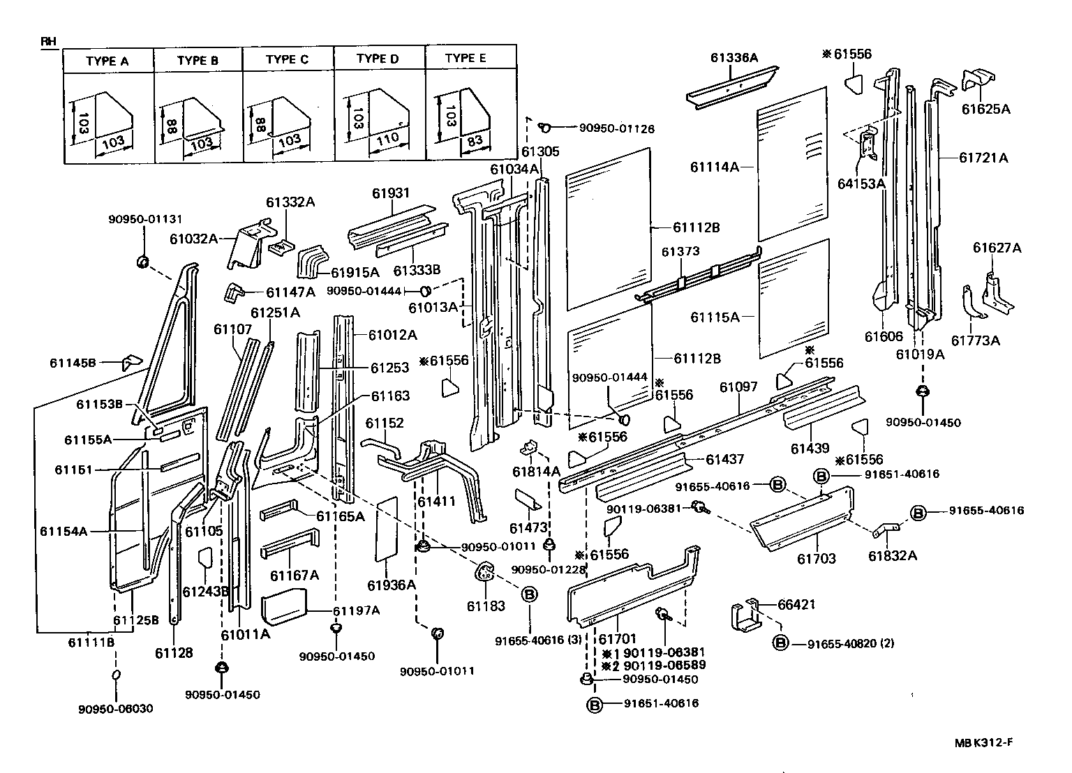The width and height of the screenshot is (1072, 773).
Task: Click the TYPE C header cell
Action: click(x=287, y=59)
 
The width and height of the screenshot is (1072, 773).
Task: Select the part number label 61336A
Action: click(x=734, y=58)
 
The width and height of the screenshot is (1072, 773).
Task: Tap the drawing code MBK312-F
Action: click(x=984, y=744)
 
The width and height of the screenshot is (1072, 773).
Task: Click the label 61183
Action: click(x=486, y=606)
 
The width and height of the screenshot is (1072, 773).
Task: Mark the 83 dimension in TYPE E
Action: click(x=474, y=140)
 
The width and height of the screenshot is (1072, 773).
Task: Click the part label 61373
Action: click(x=680, y=251)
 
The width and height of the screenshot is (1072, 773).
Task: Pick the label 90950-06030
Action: click(x=115, y=709)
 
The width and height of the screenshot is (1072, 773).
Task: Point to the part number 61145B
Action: click(x=72, y=363)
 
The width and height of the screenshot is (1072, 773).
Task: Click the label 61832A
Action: click(x=893, y=555)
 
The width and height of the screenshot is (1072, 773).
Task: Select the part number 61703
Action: click(x=816, y=559)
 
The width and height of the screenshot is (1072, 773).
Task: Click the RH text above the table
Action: click(x=47, y=42)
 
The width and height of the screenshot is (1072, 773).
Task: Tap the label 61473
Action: click(x=528, y=528)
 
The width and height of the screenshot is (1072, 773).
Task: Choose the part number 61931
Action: click(x=391, y=193)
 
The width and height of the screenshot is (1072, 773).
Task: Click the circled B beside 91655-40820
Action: click(x=780, y=643)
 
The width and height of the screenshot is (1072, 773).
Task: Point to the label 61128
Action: click(x=174, y=652)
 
